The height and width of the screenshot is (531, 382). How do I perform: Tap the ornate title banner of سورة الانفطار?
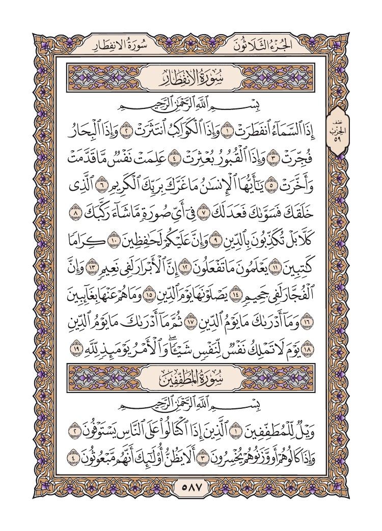(x=191, y=80)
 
